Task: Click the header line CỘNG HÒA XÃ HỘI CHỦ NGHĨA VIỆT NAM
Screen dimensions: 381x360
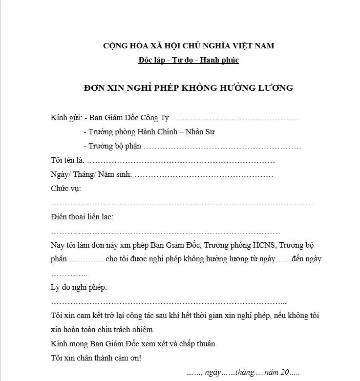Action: coord(189,46)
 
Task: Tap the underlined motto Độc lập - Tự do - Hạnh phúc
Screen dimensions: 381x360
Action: coord(189,61)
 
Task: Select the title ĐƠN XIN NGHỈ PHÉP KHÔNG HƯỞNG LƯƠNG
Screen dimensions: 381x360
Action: coord(189,88)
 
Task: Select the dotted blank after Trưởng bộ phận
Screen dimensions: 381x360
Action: coord(223,147)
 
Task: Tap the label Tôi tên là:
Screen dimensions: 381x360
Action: coord(67,161)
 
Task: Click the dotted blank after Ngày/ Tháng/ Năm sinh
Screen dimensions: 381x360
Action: coord(204,175)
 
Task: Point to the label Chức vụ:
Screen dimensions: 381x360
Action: coord(66,189)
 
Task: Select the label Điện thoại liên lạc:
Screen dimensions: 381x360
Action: coord(82,217)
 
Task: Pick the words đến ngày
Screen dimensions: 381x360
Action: coord(306,259)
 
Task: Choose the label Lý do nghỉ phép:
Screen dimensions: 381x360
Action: coord(79,287)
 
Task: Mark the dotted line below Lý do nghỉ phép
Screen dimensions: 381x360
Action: coord(169,302)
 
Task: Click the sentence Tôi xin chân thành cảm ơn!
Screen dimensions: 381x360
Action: coord(96,358)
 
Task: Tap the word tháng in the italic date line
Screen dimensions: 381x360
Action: coord(245,372)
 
